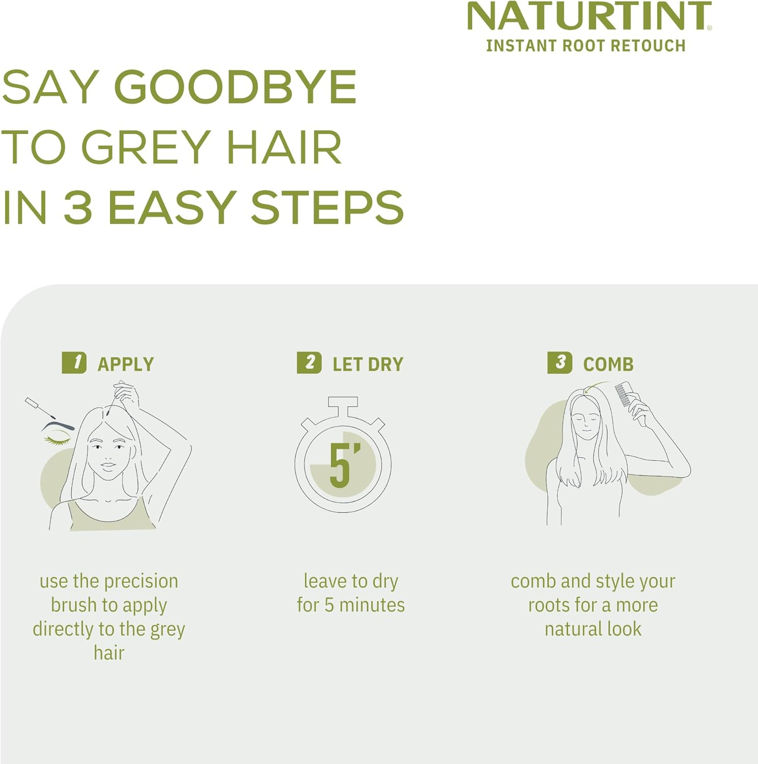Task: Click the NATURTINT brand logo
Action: tap(588, 17)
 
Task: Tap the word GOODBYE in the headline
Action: tap(235, 87)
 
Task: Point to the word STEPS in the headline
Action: tap(327, 207)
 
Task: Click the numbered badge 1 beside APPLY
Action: tap(74, 363)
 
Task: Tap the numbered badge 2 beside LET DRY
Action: tap(309, 363)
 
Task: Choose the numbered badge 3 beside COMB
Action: tap(559, 363)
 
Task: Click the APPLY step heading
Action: tap(126, 365)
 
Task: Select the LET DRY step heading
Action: tap(368, 365)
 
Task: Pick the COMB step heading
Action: tap(608, 365)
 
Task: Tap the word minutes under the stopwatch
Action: tap(372, 605)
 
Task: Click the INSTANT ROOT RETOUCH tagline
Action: tap(585, 46)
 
